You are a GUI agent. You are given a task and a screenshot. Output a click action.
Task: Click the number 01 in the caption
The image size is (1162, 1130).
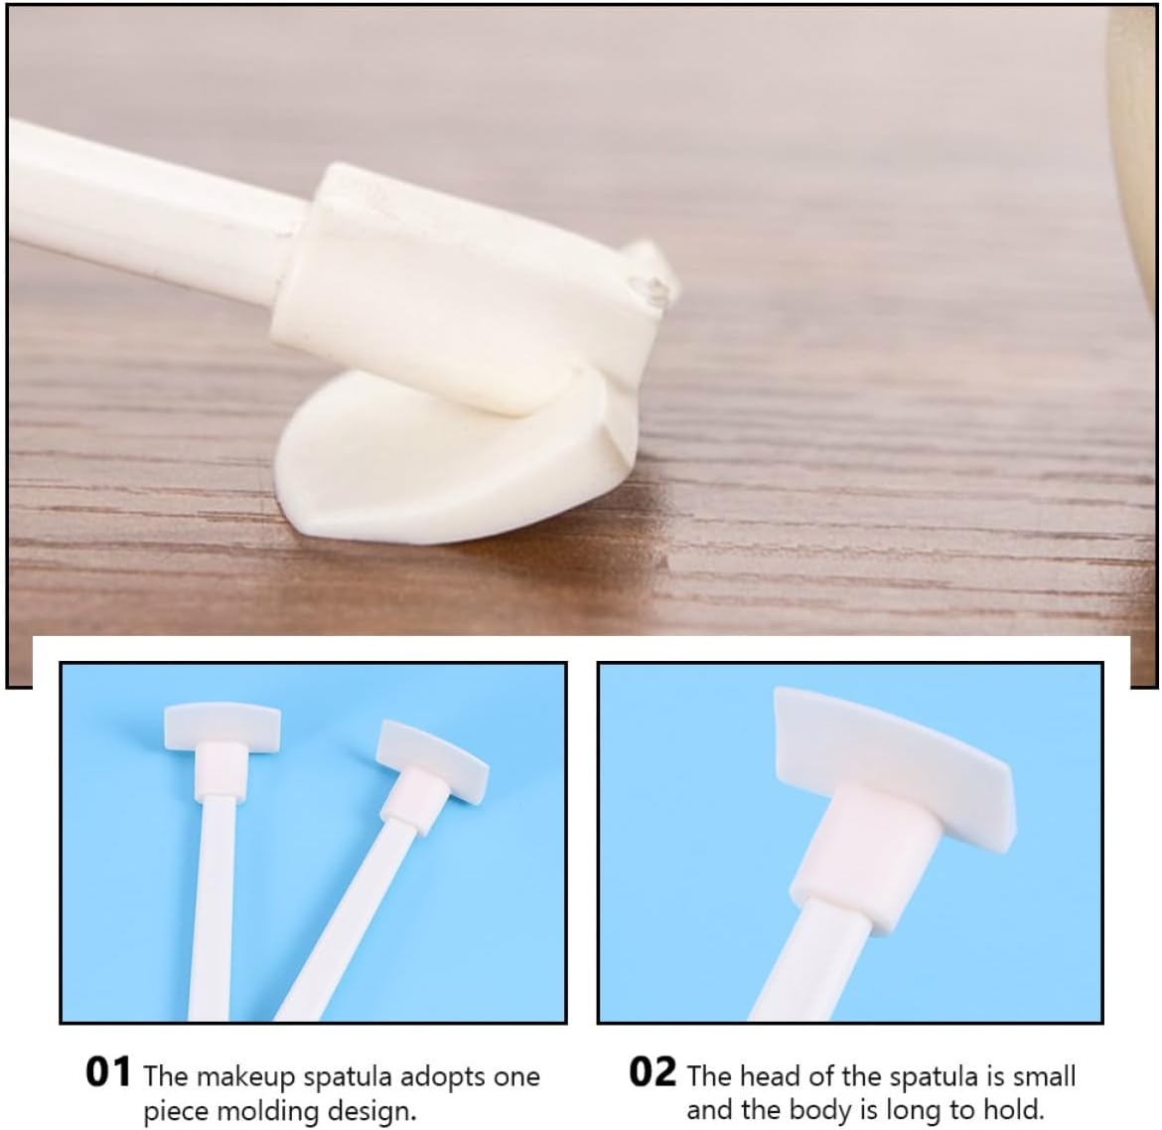108,1073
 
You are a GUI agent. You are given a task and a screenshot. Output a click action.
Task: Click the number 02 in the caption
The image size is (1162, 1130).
653,1073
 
